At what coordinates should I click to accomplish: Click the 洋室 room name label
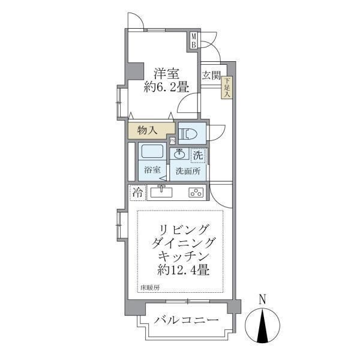tap(166, 73)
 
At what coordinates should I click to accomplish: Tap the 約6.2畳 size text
tap(166, 88)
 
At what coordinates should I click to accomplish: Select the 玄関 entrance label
tap(211, 75)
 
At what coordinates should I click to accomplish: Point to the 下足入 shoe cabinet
tap(227, 88)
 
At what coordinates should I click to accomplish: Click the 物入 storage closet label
tap(148, 129)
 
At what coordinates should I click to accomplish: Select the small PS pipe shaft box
tap(172, 141)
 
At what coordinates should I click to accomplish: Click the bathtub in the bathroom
tap(151, 152)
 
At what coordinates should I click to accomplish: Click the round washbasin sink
tap(180, 154)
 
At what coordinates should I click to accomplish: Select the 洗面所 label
tap(188, 170)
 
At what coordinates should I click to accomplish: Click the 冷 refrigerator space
tap(138, 193)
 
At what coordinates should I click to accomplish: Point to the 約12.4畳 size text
tap(184, 271)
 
